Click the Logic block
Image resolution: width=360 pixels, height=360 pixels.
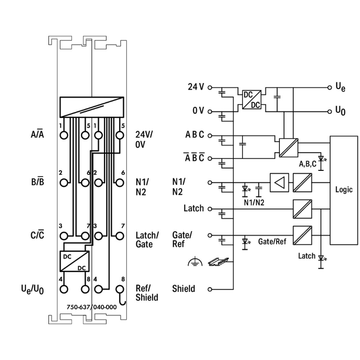(344, 190)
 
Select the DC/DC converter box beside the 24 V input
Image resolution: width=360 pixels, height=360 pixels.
(251, 100)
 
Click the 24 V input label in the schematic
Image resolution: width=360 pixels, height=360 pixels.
(196, 87)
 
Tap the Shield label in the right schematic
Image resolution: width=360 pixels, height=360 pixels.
(183, 289)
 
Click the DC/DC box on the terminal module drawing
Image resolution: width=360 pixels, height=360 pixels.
(74, 261)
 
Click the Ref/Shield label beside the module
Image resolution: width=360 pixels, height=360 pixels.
(147, 293)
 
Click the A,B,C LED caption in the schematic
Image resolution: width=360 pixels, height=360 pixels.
(307, 164)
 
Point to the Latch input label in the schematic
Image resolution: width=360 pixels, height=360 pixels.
(193, 209)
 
